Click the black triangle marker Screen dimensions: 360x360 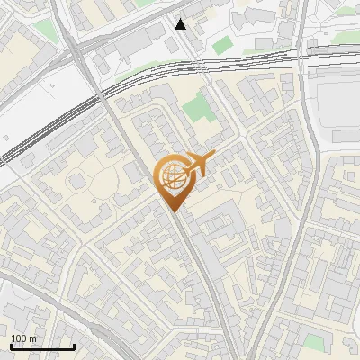tap(181, 24)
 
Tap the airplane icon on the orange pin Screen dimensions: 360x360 tap(196, 164)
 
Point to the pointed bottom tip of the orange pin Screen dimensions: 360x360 tap(172, 212)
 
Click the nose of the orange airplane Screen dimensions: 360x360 tap(213, 157)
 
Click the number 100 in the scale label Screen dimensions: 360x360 tap(18, 338)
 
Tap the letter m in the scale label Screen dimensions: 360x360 tap(31, 338)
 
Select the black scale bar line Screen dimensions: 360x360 tap(42, 346)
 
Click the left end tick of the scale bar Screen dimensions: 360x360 tap(12, 346)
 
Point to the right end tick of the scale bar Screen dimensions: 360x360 tap(74, 346)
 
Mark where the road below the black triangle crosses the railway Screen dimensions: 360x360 tap(193, 66)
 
